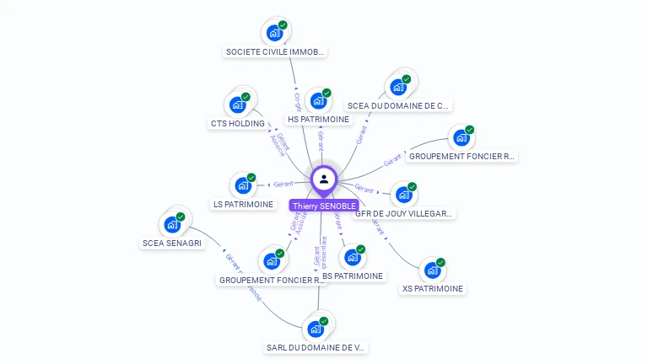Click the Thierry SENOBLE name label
[x=324, y=206]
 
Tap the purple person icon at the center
[x=324, y=179]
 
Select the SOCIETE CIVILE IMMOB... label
[x=275, y=51]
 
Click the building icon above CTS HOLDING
[x=237, y=105]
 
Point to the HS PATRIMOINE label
[x=318, y=120]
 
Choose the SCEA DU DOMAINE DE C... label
[x=399, y=106]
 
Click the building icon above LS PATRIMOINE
[x=244, y=185]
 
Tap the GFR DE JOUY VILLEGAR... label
[x=405, y=214]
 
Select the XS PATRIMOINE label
[x=433, y=289]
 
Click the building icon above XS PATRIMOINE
[x=433, y=270]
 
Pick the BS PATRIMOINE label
[x=353, y=276]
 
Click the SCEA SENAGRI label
[x=172, y=244]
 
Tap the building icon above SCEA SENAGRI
[x=173, y=224]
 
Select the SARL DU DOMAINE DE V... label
[x=316, y=347]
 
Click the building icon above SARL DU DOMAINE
[x=316, y=329]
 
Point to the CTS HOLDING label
[x=237, y=124]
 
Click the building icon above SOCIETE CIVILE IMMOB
[x=275, y=33]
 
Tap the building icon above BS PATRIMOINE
[x=353, y=257]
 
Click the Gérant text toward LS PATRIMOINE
[x=283, y=183]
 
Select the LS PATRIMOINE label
[x=244, y=205]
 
